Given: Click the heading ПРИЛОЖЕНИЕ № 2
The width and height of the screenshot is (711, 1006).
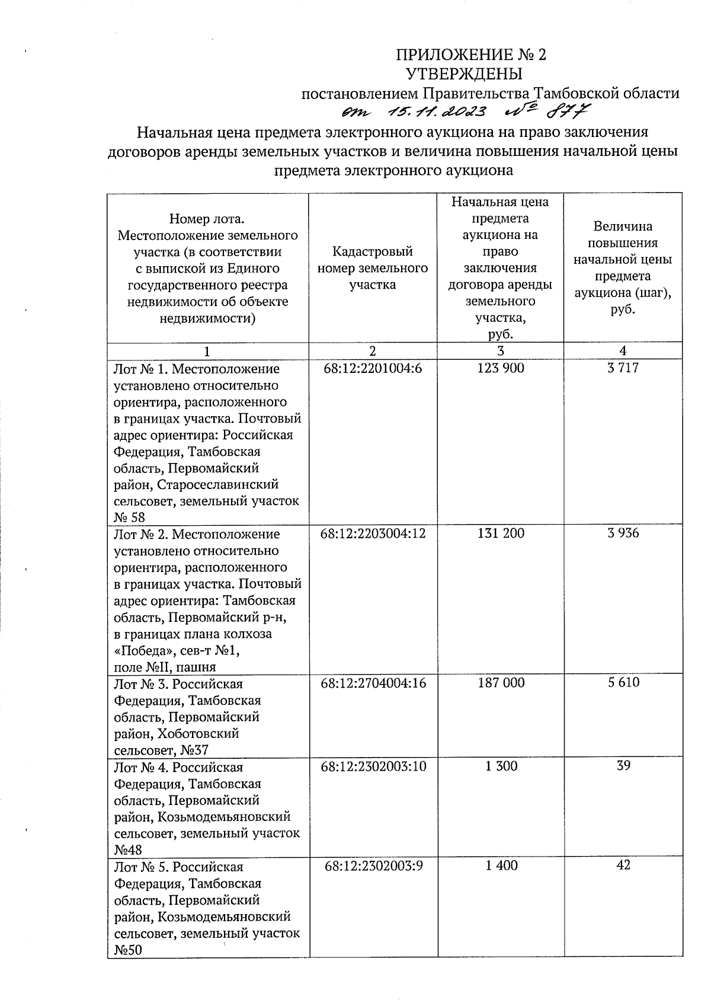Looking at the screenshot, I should point(471,55).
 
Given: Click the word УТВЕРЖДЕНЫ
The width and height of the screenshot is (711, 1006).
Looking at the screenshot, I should point(464,74).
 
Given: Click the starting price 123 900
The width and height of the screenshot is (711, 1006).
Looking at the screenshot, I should point(501,369).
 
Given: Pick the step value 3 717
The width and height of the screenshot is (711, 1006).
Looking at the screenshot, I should point(623,369).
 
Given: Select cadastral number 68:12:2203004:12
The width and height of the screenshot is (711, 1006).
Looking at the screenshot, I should point(373,534).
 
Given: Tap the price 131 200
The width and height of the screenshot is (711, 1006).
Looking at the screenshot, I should point(501,534).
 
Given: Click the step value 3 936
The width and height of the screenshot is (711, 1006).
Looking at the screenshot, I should point(623,534).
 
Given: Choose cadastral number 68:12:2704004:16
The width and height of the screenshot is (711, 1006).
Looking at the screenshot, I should point(373,683).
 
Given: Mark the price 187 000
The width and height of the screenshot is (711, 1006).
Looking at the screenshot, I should point(501,683).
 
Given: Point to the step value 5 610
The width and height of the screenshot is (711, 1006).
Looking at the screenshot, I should point(623,683).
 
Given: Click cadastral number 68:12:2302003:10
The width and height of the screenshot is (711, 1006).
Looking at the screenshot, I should point(373,767).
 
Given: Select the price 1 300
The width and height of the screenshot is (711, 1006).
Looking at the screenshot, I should point(501,767).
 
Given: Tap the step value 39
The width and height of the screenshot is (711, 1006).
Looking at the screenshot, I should point(623,766).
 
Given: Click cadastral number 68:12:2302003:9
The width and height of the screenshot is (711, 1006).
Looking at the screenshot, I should point(373,866).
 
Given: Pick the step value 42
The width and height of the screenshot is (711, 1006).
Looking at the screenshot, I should point(623,866).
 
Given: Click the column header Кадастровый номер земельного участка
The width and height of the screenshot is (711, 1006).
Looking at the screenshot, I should point(373,269).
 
